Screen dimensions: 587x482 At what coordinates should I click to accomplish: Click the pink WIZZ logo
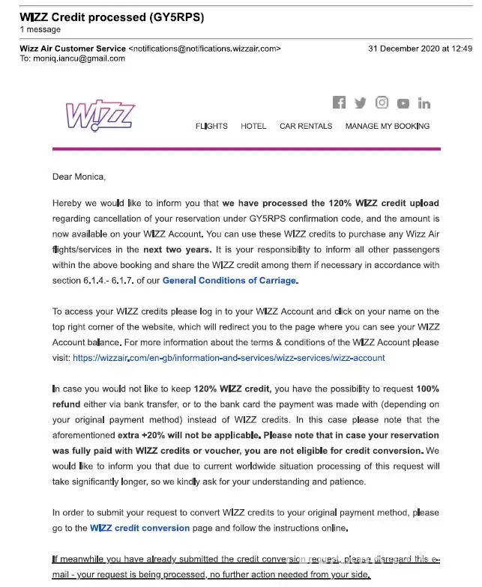pyautogui.click(x=100, y=116)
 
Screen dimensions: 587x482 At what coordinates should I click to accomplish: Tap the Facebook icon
pyautogui.click(x=339, y=103)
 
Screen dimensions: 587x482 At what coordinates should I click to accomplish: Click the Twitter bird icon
pyautogui.click(x=361, y=103)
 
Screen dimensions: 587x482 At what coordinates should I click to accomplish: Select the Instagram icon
pyautogui.click(x=382, y=103)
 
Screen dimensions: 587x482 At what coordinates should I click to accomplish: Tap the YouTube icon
pyautogui.click(x=403, y=104)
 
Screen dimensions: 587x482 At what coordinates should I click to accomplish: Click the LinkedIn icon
pyautogui.click(x=424, y=103)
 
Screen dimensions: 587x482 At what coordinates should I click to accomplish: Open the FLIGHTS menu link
pyautogui.click(x=211, y=126)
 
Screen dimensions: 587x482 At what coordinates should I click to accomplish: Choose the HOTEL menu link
pyautogui.click(x=253, y=126)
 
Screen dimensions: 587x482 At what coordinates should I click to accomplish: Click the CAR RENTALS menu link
pyautogui.click(x=306, y=126)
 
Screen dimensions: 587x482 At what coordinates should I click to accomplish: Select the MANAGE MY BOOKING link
pyautogui.click(x=388, y=126)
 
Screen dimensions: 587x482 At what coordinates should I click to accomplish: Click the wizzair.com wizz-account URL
pyautogui.click(x=229, y=358)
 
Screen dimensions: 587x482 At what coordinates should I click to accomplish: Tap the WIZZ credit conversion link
pyautogui.click(x=140, y=528)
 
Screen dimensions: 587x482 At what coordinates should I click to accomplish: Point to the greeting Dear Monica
pyautogui.click(x=79, y=177)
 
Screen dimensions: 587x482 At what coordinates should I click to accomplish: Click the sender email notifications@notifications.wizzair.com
pyautogui.click(x=205, y=49)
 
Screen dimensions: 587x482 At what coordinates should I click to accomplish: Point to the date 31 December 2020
pyautogui.click(x=406, y=49)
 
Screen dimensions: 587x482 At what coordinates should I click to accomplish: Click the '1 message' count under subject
pyautogui.click(x=40, y=29)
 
